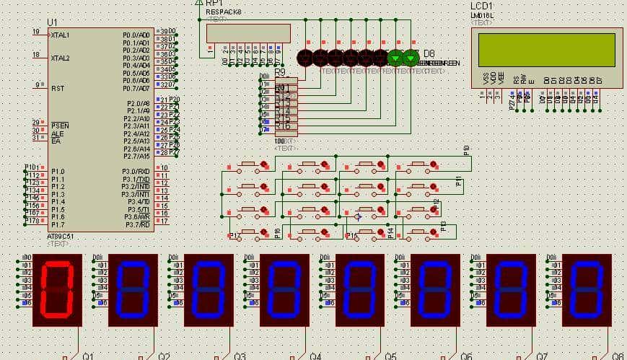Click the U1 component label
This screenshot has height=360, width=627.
(52, 22)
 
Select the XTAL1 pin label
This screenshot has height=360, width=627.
(61, 35)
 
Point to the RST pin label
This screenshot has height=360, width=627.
(57, 87)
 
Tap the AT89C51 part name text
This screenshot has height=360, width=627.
(61, 236)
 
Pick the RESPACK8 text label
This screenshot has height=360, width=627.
(224, 12)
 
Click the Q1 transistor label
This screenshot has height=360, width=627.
(88, 356)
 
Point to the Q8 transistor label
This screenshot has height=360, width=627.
(618, 356)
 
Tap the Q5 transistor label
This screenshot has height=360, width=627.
(390, 356)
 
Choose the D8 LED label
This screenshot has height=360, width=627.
(429, 53)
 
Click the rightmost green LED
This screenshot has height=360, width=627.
(411, 58)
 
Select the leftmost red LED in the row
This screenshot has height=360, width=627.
(304, 58)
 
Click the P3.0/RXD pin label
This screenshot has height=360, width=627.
(136, 171)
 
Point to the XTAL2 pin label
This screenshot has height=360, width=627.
(61, 58)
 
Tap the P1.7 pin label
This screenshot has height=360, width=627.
(58, 224)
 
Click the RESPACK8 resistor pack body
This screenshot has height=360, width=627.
(248, 33)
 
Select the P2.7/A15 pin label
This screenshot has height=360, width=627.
(136, 156)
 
